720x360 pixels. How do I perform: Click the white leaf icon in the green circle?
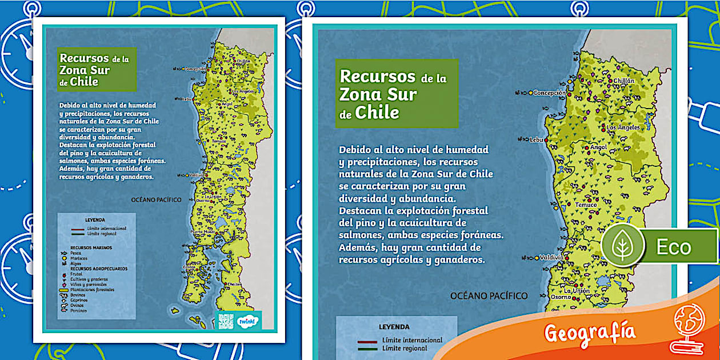(619, 246)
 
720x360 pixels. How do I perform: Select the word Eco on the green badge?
(673, 247)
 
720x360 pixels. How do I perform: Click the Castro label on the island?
(189, 266)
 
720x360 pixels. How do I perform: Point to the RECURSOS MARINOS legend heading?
(91, 247)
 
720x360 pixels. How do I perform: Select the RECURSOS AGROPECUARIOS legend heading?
(98, 268)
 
